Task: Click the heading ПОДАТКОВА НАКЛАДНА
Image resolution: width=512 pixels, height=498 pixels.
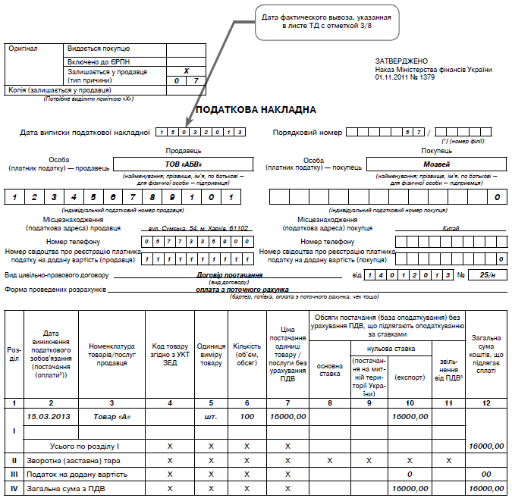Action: point(256,110)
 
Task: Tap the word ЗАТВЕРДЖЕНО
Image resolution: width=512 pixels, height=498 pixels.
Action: point(401,61)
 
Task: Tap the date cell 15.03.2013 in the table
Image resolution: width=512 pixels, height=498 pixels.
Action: point(49,416)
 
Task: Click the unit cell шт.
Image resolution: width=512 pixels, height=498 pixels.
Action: point(211,416)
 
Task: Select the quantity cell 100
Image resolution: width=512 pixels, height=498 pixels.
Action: point(247,416)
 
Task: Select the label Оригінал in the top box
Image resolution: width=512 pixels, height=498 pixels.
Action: point(21,48)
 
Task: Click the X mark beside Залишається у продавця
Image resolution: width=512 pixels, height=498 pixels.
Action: point(186,70)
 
